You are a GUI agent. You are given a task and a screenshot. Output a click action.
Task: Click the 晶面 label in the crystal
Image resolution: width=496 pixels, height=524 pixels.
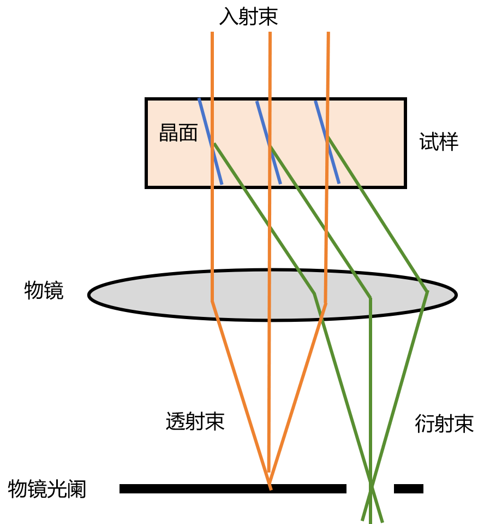pyautogui.click(x=178, y=133)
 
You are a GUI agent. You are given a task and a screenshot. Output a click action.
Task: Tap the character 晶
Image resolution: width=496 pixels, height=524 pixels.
pyautogui.click(x=168, y=133)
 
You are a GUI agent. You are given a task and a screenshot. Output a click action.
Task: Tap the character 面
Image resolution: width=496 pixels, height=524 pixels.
pyautogui.click(x=188, y=133)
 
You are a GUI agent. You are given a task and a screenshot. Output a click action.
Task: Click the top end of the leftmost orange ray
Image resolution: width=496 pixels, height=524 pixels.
pyautogui.click(x=212, y=33)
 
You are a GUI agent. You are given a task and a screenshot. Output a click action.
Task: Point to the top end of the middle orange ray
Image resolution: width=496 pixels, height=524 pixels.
pyautogui.click(x=270, y=33)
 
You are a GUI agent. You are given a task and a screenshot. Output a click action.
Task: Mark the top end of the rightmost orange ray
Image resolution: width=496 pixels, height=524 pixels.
pyautogui.click(x=328, y=33)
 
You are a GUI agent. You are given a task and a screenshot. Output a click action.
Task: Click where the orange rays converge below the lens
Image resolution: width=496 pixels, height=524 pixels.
pyautogui.click(x=269, y=481)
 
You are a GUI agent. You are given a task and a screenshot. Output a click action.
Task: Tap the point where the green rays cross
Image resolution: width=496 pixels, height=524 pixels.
pyautogui.click(x=371, y=485)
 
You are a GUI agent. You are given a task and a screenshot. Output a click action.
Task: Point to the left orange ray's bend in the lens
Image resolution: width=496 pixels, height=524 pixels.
pyautogui.click(x=212, y=301)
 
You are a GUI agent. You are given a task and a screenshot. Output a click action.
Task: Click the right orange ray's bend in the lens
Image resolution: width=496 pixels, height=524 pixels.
pyautogui.click(x=325, y=304)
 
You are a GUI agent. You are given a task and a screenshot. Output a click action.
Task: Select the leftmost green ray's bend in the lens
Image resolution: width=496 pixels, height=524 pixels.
pyautogui.click(x=314, y=293)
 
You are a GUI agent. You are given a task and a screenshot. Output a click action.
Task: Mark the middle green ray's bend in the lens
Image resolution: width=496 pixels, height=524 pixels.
pyautogui.click(x=370, y=298)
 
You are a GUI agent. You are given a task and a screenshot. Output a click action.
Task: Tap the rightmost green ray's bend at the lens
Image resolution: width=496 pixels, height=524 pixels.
pyautogui.click(x=427, y=292)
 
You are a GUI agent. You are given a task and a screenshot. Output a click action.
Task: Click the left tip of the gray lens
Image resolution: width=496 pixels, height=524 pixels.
pyautogui.click(x=91, y=295)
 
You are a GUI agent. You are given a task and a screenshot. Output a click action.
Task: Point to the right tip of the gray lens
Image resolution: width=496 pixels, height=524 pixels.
pyautogui.click(x=454, y=295)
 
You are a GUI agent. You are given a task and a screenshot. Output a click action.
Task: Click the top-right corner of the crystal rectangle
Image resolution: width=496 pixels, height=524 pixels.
pyautogui.click(x=403, y=101)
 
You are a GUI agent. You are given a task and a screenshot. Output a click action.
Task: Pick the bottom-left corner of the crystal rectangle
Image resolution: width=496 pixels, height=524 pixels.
pyautogui.click(x=148, y=185)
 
